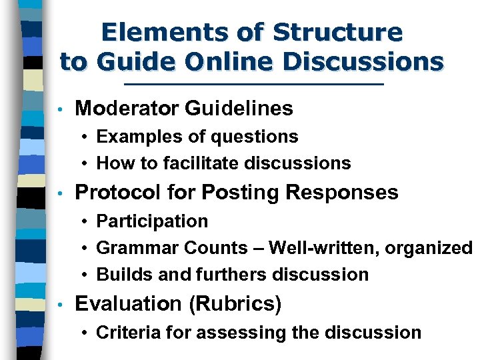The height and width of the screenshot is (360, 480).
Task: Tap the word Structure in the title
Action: click(339, 32)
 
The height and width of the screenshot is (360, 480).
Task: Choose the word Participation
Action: click(152, 221)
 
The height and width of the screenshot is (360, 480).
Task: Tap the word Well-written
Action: click(317, 248)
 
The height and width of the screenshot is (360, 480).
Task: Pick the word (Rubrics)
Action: click(236, 304)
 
